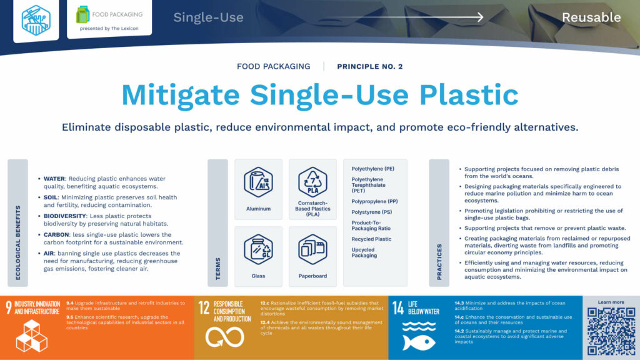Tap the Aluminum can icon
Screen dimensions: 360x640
(258, 182)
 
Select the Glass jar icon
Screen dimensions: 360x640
(258, 249)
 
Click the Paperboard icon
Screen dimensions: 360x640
(313, 249)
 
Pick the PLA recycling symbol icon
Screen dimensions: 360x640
(313, 182)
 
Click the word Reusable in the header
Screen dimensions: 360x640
(591, 17)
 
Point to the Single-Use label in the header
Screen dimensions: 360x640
(208, 17)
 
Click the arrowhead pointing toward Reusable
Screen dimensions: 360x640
(479, 17)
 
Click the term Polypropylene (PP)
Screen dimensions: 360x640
(374, 202)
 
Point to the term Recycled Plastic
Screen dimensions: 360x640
(371, 239)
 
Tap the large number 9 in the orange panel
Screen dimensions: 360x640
(9, 307)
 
